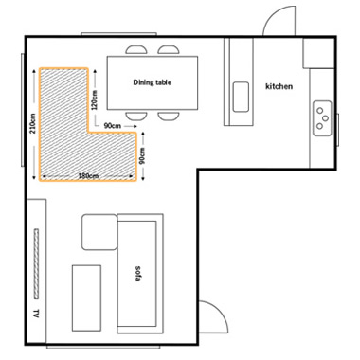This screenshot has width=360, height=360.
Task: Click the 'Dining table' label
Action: pyautogui.click(x=153, y=82)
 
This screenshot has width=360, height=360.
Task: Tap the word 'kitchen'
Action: pyautogui.click(x=279, y=86)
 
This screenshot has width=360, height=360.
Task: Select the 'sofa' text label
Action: pyautogui.click(x=137, y=274)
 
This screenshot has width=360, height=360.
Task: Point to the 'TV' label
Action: pyautogui.click(x=36, y=314)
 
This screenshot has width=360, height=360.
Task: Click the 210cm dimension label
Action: pyautogui.click(x=33, y=123)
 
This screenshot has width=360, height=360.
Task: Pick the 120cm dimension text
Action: pyautogui.click(x=94, y=99)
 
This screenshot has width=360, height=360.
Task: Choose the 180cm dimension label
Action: pyautogui.click(x=88, y=176)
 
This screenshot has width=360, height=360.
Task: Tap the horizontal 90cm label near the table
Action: pyautogui.click(x=113, y=126)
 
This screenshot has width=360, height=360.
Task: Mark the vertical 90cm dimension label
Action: pyautogui.click(x=142, y=156)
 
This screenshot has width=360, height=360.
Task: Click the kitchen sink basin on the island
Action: pyautogui.click(x=241, y=97)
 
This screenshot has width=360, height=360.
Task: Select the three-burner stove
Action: pyautogui.click(x=322, y=118)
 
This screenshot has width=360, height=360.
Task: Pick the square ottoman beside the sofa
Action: pyautogui.click(x=99, y=232)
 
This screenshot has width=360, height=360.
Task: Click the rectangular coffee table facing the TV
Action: pyautogui.click(x=86, y=298)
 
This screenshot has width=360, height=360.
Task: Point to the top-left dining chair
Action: pyautogui.click(x=136, y=49)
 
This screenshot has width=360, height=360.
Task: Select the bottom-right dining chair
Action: pyautogui.click(x=169, y=116)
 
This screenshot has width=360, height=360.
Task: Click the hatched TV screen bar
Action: pyautogui.click(x=36, y=263)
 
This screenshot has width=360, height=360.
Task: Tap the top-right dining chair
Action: pyautogui.click(x=169, y=49)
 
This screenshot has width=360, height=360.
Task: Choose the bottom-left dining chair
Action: pyautogui.click(x=136, y=116)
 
